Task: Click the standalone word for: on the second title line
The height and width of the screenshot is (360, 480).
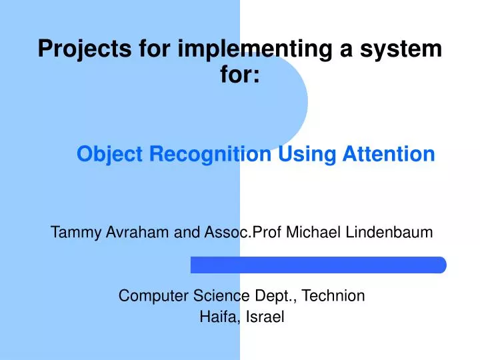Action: (240, 75)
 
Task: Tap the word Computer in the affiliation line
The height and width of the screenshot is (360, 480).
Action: (149, 295)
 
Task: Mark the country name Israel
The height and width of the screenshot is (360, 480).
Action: (265, 317)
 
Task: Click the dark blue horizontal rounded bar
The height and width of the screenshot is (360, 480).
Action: (318, 265)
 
